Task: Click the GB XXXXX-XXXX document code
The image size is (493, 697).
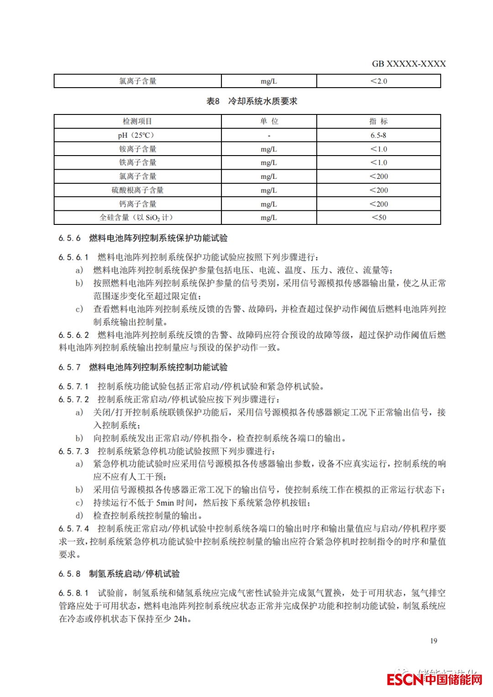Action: (409, 64)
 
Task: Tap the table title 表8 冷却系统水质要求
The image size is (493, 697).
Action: (252, 101)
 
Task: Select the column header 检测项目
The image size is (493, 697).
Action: (137, 121)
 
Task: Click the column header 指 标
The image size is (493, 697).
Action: (378, 121)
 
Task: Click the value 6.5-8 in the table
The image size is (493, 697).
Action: (378, 135)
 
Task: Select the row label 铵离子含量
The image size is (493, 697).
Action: (137, 149)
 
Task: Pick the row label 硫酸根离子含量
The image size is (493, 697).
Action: (137, 190)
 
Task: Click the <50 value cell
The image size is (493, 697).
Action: (378, 218)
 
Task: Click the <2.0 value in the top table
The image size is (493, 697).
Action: (378, 81)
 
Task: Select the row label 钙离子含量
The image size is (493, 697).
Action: (137, 204)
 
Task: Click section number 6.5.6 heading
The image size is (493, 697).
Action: (69, 238)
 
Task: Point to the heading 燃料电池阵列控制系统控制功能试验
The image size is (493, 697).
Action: (158, 367)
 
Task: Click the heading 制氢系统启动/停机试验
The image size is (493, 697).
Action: (134, 574)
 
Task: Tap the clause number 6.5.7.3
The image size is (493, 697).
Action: (73, 451)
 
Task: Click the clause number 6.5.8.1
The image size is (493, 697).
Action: (73, 593)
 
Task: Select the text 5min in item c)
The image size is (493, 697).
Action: (165, 503)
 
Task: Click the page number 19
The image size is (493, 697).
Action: (433, 641)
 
